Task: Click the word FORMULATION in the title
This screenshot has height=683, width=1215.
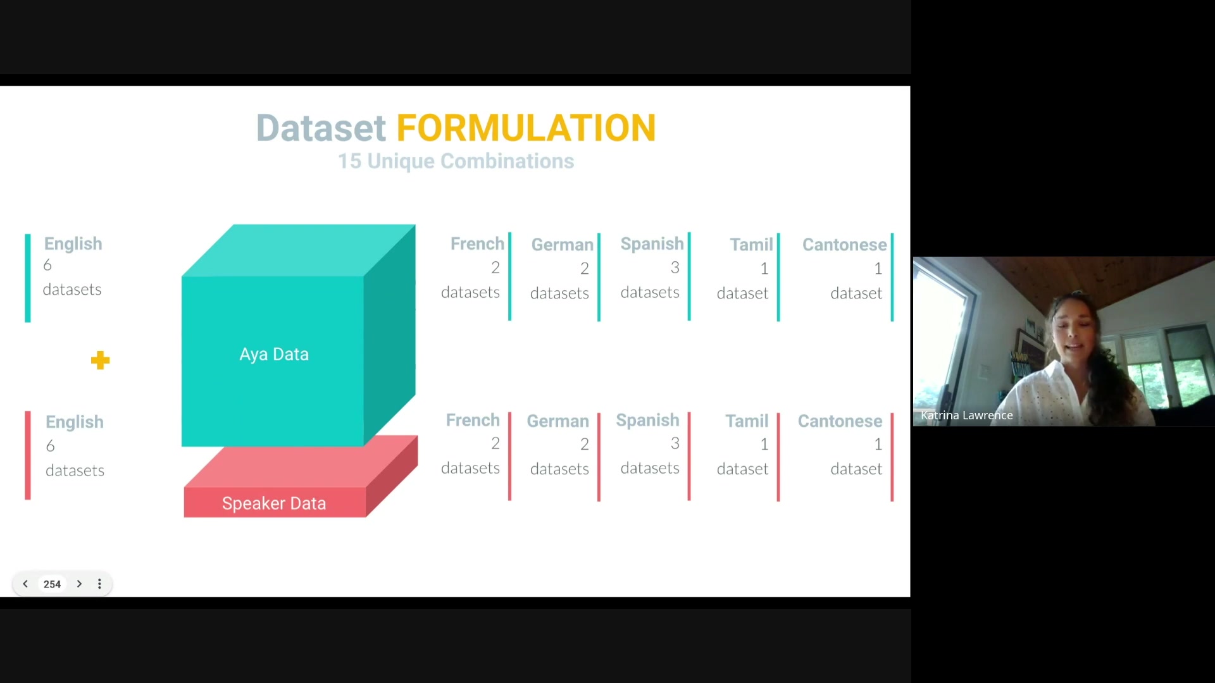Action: click(526, 128)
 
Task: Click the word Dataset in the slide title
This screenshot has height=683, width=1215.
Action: click(321, 128)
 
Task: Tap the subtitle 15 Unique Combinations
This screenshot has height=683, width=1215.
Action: click(456, 161)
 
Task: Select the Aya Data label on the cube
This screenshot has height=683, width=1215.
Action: click(274, 354)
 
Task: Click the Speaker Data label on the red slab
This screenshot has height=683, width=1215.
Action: click(274, 503)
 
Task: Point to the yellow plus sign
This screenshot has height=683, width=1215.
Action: click(100, 360)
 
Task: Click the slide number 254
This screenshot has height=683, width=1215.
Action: click(52, 584)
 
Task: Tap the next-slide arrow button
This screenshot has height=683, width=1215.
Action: click(79, 584)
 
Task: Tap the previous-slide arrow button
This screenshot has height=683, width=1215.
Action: click(25, 584)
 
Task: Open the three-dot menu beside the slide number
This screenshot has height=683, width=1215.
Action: click(99, 584)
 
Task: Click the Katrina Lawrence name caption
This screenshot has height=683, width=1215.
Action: click(967, 415)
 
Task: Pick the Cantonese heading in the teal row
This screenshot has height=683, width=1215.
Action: click(845, 245)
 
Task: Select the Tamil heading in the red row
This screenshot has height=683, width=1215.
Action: click(747, 421)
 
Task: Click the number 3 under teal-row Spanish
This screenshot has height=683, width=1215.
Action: click(675, 268)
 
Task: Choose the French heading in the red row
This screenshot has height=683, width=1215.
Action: click(473, 421)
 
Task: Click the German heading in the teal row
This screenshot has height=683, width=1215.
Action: click(563, 245)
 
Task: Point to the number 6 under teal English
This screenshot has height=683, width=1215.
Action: click(47, 265)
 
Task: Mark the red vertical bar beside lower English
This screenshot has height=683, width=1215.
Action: click(28, 455)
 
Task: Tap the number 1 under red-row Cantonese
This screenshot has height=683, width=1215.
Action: click(878, 445)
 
